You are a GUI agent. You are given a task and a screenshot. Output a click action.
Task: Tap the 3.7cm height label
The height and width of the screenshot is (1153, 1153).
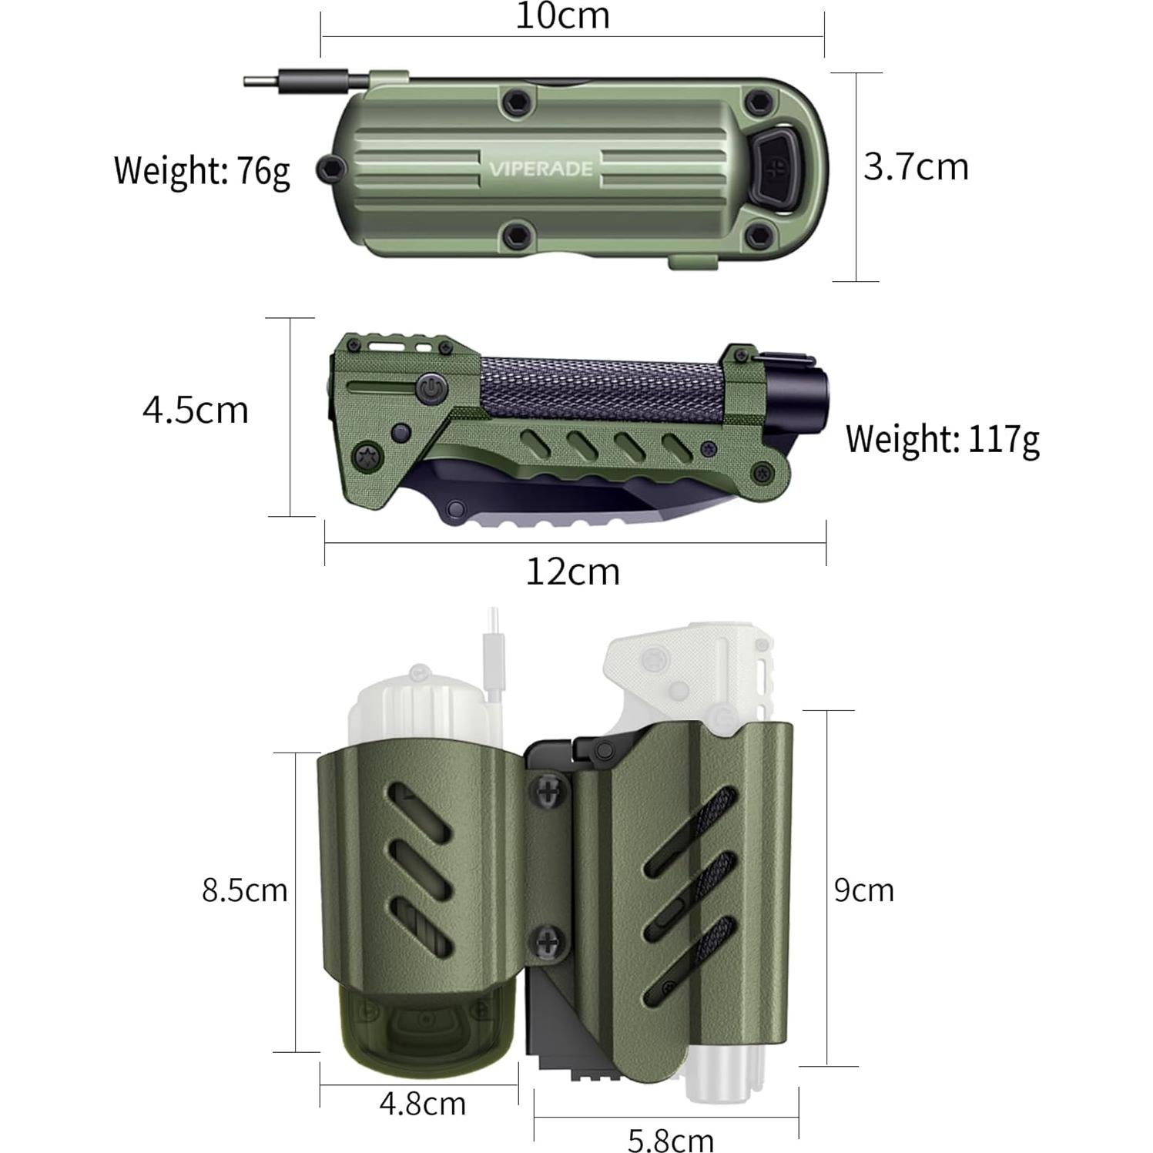point(915,167)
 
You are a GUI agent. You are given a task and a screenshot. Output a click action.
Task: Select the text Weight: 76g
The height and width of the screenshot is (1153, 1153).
point(202,170)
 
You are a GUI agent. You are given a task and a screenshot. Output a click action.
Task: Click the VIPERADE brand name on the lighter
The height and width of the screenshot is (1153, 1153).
point(541,169)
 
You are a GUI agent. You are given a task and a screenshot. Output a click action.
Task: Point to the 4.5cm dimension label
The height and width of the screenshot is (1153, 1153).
point(196,410)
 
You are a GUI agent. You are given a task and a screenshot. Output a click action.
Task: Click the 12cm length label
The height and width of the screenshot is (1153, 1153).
point(572,572)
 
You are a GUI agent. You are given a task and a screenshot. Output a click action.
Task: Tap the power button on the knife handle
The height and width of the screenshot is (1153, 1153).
point(429,388)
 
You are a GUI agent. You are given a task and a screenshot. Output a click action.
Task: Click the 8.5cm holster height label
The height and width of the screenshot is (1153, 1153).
point(244,890)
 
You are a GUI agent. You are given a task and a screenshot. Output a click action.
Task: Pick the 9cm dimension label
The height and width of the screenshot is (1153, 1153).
point(863,890)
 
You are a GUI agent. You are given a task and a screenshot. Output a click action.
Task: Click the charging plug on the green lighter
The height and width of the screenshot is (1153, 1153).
point(304,80)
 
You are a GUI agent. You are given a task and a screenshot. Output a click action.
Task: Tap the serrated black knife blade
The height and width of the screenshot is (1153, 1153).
point(539,501)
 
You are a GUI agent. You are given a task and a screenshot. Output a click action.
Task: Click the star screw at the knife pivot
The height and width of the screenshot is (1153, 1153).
point(367,457)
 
